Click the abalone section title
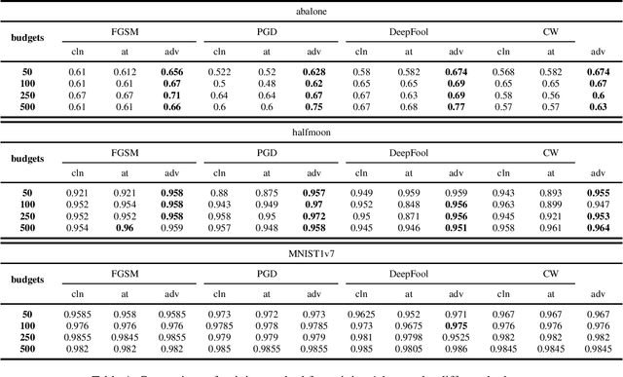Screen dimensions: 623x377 [x=311, y=12]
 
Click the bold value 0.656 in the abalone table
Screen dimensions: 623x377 [x=171, y=71]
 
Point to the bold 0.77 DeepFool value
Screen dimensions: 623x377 [x=456, y=107]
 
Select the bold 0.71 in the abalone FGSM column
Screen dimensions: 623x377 [x=171, y=95]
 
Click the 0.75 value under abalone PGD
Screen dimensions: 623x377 [x=313, y=107]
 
